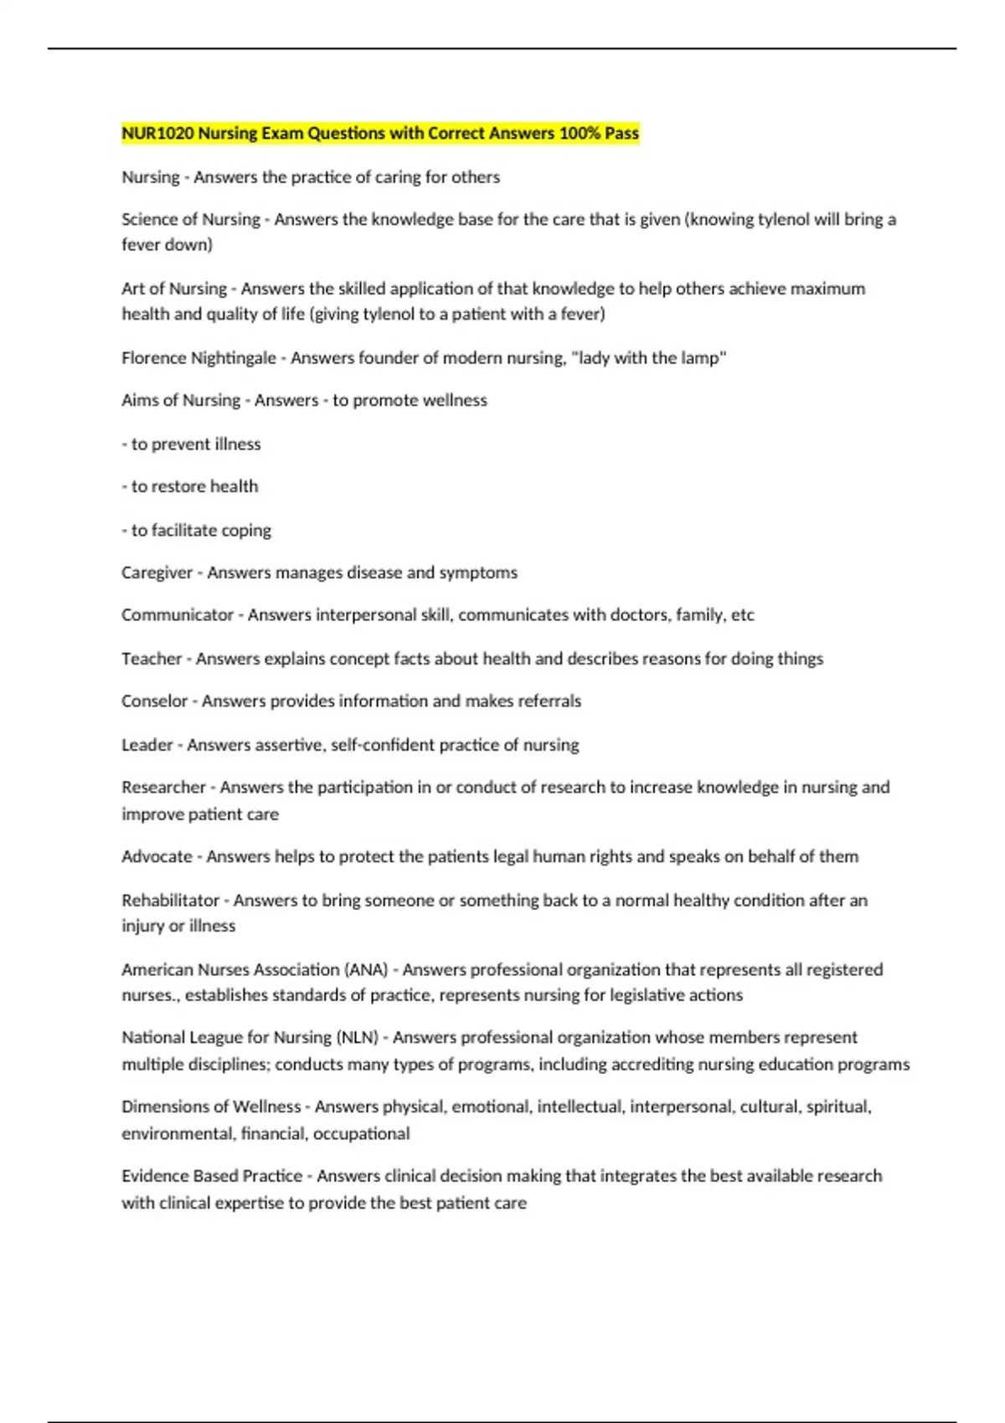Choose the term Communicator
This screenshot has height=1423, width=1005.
point(177,615)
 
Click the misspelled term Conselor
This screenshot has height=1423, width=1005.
point(154,701)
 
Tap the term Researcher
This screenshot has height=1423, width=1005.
point(163,787)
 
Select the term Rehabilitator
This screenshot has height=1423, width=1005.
point(170,901)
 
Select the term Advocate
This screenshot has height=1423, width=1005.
point(157,856)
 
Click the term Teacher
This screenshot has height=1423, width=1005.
point(152,659)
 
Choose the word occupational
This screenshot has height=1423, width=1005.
point(361,1133)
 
